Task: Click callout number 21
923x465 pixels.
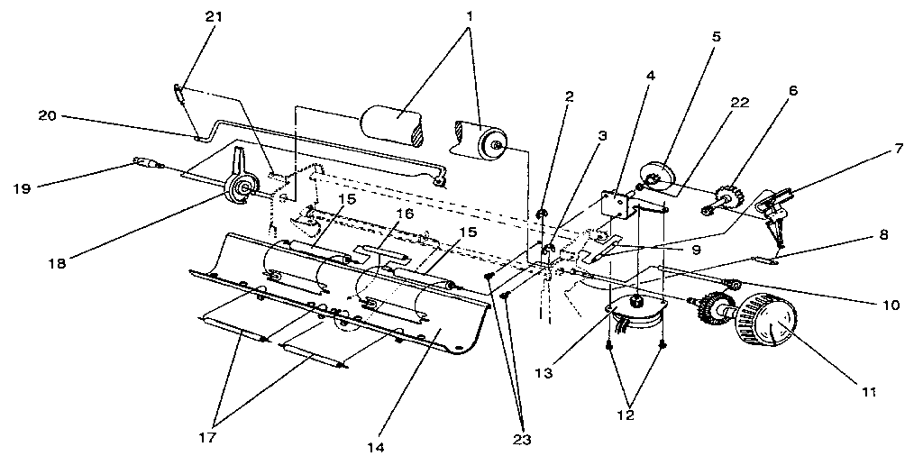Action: click(215, 16)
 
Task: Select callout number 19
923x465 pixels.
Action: click(22, 189)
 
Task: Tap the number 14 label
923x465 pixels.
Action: click(376, 448)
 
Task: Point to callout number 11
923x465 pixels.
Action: click(869, 391)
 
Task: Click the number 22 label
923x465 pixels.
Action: click(740, 103)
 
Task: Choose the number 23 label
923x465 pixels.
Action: click(521, 440)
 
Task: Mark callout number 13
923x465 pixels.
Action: click(544, 372)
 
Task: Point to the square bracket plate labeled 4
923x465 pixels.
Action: click(616, 202)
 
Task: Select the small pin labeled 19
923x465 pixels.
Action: click(147, 163)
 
